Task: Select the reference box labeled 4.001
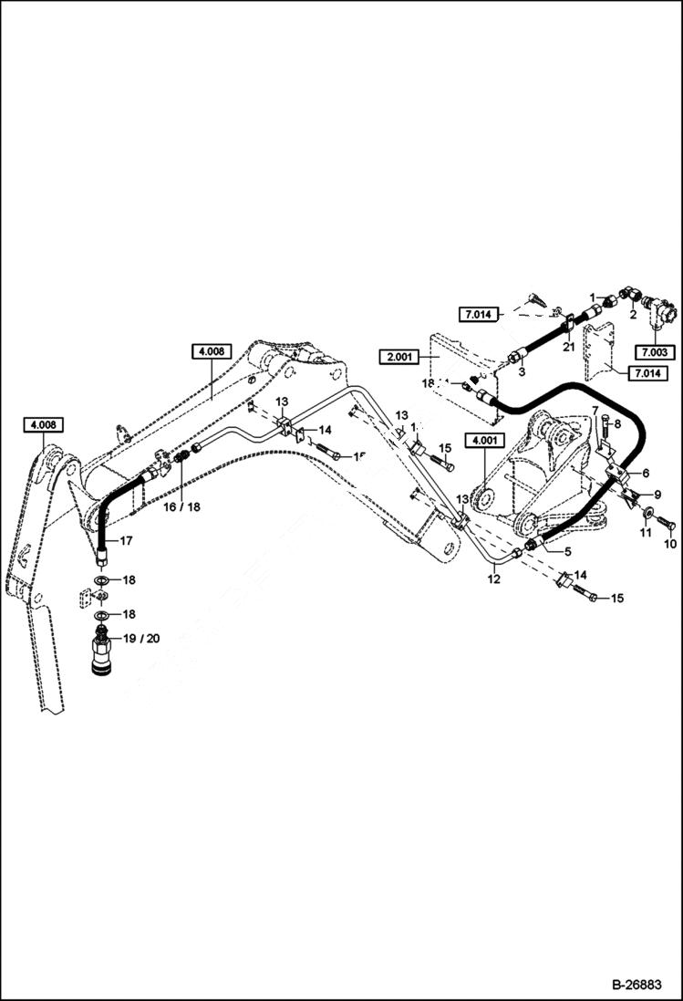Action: click(484, 442)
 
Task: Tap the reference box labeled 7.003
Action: click(653, 351)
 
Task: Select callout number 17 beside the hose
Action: click(126, 541)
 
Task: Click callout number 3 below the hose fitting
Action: click(522, 370)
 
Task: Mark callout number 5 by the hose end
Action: click(567, 551)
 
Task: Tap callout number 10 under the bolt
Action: click(670, 544)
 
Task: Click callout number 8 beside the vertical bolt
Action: click(617, 424)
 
